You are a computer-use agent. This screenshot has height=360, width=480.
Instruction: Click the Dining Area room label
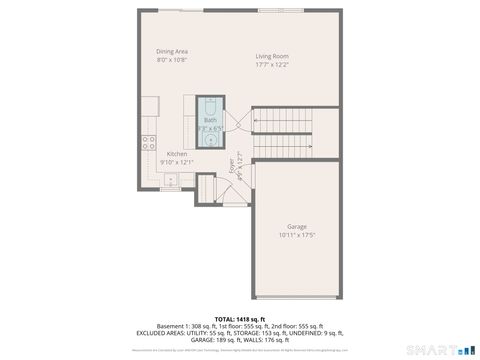[x=172, y=51]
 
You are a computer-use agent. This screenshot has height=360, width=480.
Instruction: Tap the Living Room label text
[x=272, y=56]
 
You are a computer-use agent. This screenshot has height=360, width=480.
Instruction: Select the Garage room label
[x=297, y=227]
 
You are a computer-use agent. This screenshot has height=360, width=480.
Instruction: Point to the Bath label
[x=210, y=120]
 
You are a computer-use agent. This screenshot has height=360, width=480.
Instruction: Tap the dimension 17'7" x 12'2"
[x=272, y=65]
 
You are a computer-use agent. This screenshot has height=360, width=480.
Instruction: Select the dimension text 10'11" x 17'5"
[x=297, y=236]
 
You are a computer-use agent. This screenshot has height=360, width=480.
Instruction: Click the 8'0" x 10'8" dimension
[x=172, y=60]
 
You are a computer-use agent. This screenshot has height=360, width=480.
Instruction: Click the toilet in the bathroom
[x=211, y=106]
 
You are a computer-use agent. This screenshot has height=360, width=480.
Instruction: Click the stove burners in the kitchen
[x=148, y=141]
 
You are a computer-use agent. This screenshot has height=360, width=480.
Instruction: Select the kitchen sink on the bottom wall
[x=172, y=181]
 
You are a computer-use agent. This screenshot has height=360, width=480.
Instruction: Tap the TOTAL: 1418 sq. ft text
[x=240, y=318]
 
